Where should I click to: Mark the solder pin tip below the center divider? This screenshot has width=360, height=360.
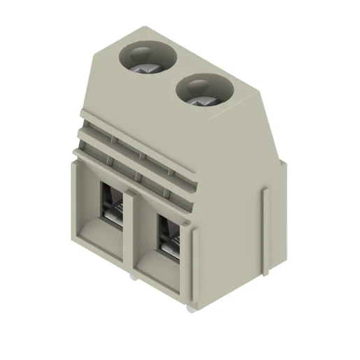coord(131,278)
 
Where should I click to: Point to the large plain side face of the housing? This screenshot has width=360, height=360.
coord(238,210)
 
